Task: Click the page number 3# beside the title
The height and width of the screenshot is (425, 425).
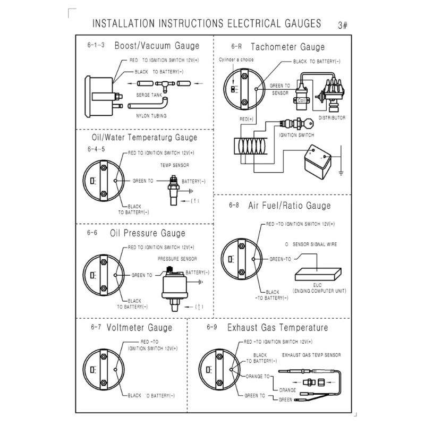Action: click(343, 25)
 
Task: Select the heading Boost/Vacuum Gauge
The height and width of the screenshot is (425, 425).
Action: click(157, 46)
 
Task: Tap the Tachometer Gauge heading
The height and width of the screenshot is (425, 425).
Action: click(287, 47)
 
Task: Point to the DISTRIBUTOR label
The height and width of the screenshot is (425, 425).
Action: click(332, 117)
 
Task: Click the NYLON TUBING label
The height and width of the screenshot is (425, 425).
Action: click(152, 115)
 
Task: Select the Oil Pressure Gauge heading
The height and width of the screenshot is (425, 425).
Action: click(147, 233)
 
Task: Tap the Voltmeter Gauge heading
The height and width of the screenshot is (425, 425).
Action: click(139, 327)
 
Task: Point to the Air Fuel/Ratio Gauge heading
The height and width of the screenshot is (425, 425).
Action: click(289, 205)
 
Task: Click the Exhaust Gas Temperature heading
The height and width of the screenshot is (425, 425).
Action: click(277, 327)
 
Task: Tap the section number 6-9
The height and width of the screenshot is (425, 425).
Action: click(211, 327)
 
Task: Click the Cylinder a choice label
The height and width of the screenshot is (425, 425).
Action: click(236, 60)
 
